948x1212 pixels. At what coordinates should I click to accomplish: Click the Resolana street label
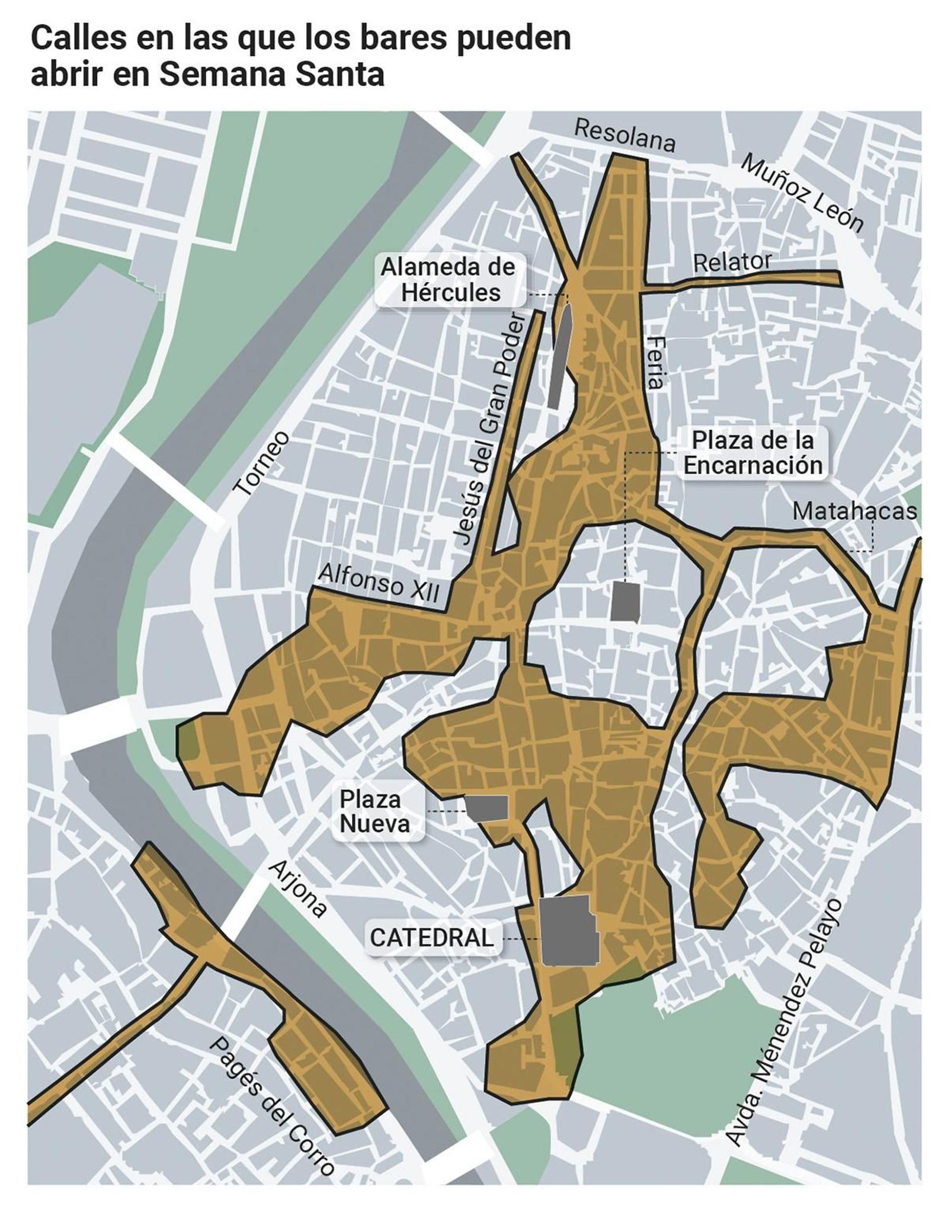coord(624,136)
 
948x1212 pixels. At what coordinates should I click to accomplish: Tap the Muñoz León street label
coord(802,193)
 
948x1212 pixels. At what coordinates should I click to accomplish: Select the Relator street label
coord(732,262)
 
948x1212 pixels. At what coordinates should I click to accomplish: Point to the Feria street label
coord(655,363)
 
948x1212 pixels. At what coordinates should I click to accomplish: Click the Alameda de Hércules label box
coord(449,280)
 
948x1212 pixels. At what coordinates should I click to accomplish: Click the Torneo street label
coord(262,463)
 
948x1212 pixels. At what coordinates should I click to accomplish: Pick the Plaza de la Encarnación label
coord(752,453)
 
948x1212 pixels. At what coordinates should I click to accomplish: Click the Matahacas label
coord(854,511)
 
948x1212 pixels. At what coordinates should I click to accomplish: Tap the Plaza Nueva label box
coord(374,812)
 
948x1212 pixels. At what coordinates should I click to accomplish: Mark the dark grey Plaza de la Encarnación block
coord(624,600)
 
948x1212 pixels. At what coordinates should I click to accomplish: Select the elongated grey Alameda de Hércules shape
coord(560,356)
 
